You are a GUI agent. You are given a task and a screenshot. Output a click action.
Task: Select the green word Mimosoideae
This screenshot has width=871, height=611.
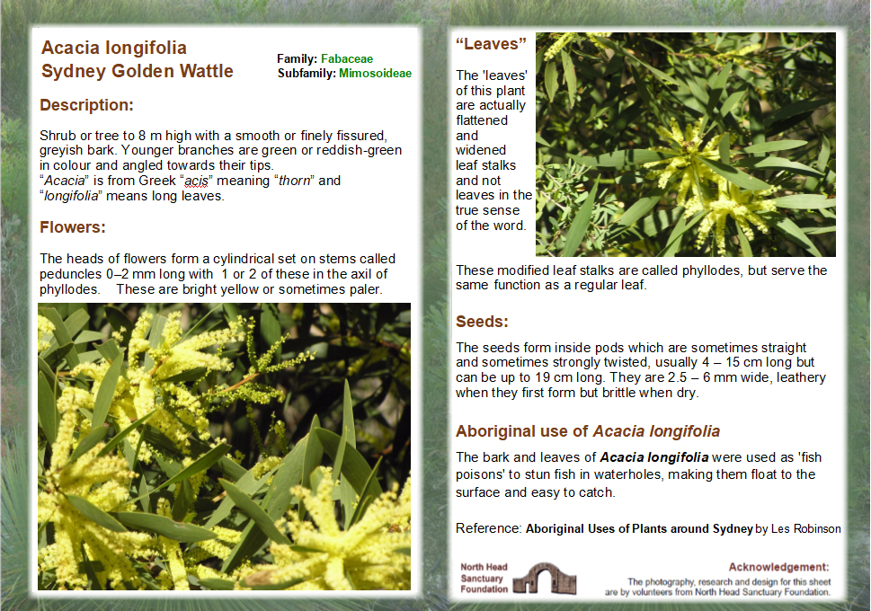coord(375,74)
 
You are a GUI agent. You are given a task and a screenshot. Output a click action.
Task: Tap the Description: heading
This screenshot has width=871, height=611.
coord(86,105)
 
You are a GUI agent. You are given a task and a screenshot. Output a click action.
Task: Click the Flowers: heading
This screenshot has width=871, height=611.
coord(73,226)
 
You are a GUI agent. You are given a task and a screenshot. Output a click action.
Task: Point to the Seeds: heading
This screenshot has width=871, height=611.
coord(482,321)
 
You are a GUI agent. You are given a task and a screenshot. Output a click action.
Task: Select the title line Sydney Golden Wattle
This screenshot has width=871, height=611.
coord(138,71)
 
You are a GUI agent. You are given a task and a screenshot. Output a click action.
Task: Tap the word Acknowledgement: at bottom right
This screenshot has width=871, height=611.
coord(778,567)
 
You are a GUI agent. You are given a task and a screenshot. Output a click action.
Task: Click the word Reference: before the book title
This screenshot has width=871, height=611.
coord(488,528)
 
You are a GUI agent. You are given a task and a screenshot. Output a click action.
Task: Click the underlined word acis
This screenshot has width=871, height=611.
coord(196,181)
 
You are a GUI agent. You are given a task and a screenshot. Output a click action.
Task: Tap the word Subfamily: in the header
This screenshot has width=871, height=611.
coord(307,74)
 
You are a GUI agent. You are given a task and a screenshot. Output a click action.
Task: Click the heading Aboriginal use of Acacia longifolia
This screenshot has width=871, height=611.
coord(587,431)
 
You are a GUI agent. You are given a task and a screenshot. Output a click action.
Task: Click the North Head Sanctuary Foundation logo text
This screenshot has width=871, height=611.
coord(484,579)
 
